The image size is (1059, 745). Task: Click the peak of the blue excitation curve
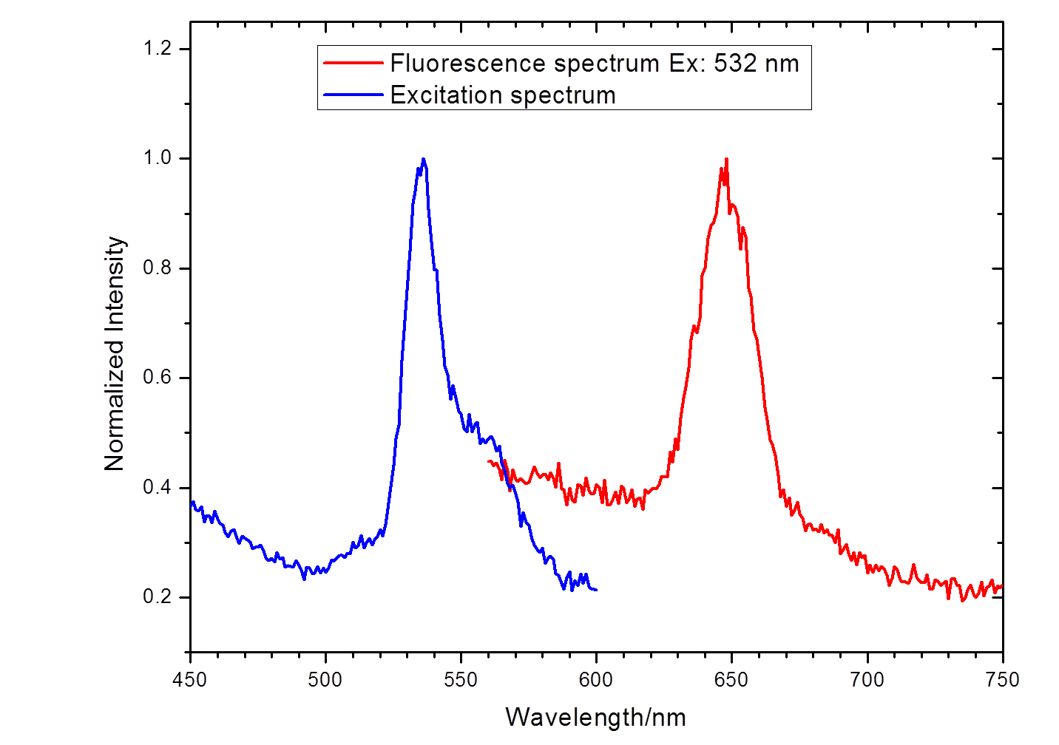[x=423, y=159]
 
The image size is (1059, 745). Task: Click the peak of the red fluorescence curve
[x=726, y=159]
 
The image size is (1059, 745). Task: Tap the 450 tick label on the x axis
[x=190, y=679]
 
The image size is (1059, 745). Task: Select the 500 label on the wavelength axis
[x=325, y=679]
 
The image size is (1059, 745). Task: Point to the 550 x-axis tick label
[x=461, y=679]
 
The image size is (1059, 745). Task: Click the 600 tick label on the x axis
[x=596, y=679]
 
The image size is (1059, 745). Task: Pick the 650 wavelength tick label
[x=731, y=679]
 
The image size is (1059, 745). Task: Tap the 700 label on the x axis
[x=867, y=679]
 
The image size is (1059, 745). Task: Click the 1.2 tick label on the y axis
[x=156, y=49]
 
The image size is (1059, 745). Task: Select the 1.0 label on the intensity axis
[x=156, y=158]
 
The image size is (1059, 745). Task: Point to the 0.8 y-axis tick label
[x=156, y=268]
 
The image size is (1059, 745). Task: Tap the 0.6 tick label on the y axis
[x=156, y=378]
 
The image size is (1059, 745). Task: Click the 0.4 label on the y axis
[x=156, y=488]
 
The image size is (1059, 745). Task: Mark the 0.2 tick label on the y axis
[x=156, y=597]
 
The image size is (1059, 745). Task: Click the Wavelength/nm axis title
[x=596, y=717]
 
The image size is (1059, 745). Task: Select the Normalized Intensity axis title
[x=115, y=353]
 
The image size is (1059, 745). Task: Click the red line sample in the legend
[x=353, y=64]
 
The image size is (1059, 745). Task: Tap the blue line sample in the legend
[x=353, y=95]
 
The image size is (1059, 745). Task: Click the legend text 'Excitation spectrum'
[x=503, y=95]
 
